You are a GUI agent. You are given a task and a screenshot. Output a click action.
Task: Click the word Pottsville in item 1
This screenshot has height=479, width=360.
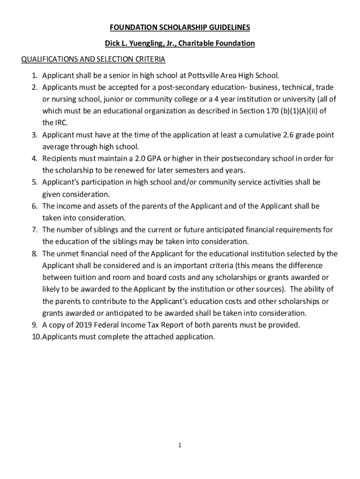point(205,75)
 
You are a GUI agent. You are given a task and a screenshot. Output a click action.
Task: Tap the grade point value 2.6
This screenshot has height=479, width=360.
point(289,135)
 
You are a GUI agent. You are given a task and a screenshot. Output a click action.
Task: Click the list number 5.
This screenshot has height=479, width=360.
point(34,182)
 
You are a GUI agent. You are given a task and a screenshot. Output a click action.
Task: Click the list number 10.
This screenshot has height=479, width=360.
point(36,337)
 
